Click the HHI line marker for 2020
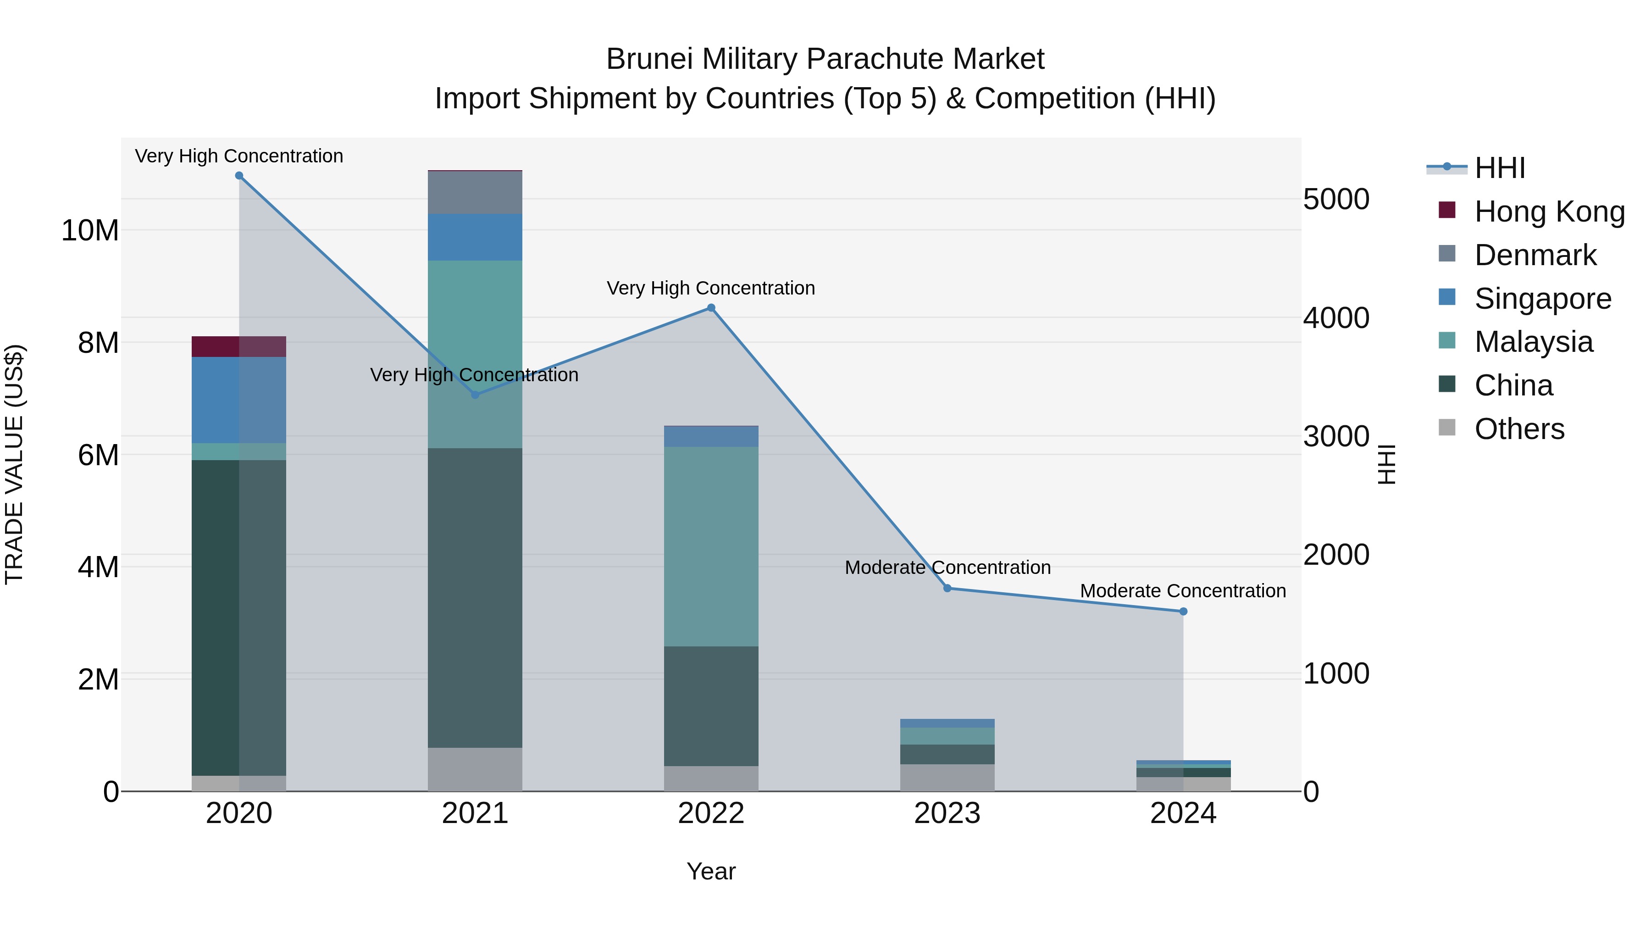[x=239, y=176]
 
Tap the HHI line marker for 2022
[x=711, y=308]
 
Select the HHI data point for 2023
[x=947, y=588]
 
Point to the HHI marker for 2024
[x=1183, y=612]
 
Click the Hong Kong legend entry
[x=1549, y=211]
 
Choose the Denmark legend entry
[x=1535, y=255]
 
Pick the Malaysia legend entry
[x=1533, y=342]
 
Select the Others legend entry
[x=1519, y=429]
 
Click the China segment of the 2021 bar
[x=475, y=596]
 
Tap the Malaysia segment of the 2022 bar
[x=711, y=545]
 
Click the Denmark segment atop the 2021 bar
[x=475, y=192]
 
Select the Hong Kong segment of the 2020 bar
[x=239, y=346]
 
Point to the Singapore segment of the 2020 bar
[x=239, y=400]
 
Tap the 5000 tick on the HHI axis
[x=1336, y=200]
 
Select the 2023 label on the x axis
[x=947, y=813]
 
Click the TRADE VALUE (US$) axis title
[x=14, y=464]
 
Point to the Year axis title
[x=711, y=871]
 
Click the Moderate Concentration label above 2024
[x=1183, y=590]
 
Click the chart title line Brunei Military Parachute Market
[x=825, y=59]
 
